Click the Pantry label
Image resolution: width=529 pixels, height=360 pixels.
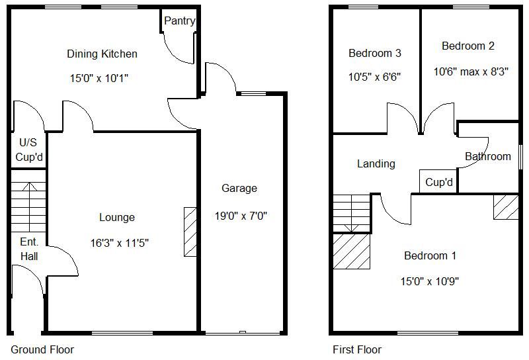pyautogui.click(x=179, y=21)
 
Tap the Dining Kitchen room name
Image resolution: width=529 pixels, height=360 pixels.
pyautogui.click(x=102, y=54)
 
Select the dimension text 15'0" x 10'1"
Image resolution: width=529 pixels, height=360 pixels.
pyautogui.click(x=99, y=78)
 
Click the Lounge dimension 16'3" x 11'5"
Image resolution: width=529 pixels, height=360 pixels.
pyautogui.click(x=120, y=243)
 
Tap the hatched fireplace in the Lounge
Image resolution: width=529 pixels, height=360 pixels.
pyautogui.click(x=190, y=232)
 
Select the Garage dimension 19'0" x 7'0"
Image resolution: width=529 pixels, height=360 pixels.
pyautogui.click(x=241, y=215)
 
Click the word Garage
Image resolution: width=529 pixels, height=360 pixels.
pyautogui.click(x=239, y=189)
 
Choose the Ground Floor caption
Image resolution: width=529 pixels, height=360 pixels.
pyautogui.click(x=42, y=349)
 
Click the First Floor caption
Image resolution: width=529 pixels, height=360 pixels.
pyautogui.click(x=356, y=349)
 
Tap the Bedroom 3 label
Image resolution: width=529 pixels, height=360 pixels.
pyautogui.click(x=375, y=53)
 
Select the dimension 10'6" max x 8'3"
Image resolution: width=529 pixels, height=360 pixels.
pyautogui.click(x=470, y=71)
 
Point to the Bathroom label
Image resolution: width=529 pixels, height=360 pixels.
pyautogui.click(x=487, y=157)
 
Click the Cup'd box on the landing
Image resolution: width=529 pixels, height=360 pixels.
pyautogui.click(x=438, y=182)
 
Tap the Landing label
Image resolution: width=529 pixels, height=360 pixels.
pyautogui.click(x=376, y=163)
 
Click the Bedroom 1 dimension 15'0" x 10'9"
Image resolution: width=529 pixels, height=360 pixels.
pyautogui.click(x=430, y=281)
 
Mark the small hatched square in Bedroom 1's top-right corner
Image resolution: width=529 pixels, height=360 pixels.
pyautogui.click(x=506, y=206)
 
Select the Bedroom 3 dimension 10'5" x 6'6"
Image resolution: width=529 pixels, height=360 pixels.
pyautogui.click(x=375, y=77)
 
